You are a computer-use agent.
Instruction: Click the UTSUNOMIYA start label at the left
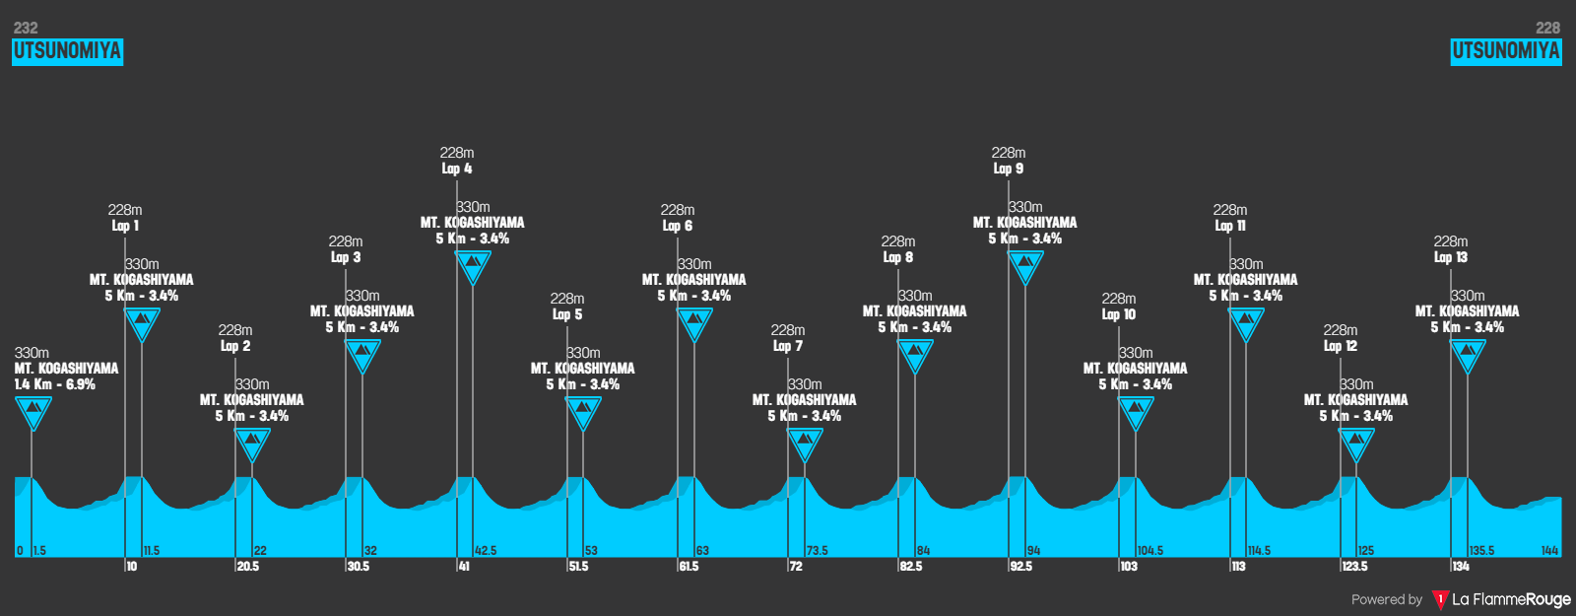[67, 51]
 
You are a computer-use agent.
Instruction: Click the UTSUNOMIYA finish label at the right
[1506, 51]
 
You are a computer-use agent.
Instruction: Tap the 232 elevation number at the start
[26, 28]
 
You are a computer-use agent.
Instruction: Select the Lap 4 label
[456, 169]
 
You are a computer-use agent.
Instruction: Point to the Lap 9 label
[1008, 169]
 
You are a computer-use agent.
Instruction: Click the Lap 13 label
[1450, 257]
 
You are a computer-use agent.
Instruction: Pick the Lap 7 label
[787, 346]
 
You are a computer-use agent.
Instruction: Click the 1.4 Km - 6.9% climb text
[55, 384]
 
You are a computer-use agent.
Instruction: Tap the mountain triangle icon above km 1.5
[33, 410]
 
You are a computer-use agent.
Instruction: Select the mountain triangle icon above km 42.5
[473, 264]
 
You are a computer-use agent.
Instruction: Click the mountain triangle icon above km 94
[1025, 264]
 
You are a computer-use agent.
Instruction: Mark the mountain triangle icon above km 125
[1356, 442]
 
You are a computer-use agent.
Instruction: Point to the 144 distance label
[1549, 551]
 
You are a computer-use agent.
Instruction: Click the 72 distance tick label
[795, 567]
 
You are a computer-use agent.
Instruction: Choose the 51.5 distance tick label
[578, 567]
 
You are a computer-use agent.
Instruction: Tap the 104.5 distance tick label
[1150, 551]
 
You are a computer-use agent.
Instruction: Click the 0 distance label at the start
[20, 551]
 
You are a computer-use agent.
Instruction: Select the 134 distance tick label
[1460, 567]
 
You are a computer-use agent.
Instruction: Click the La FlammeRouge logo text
[1511, 599]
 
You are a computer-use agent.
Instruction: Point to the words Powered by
[1386, 599]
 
